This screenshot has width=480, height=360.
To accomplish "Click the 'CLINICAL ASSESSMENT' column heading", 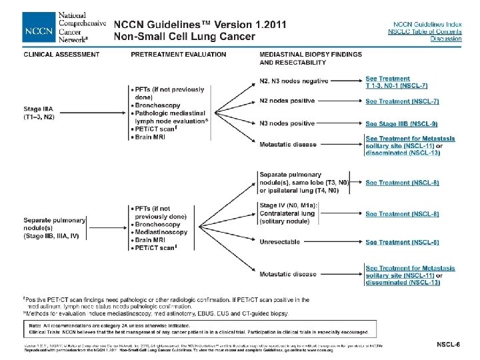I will pyautogui.click(x=62, y=55).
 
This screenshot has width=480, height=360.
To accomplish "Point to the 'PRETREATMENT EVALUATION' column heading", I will pyautogui.click(x=178, y=55).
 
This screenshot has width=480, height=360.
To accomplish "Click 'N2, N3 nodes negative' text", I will pyautogui.click(x=294, y=81).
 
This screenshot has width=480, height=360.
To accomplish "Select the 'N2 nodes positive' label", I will pyautogui.click(x=287, y=101).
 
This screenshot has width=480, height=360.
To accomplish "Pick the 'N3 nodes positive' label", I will pyautogui.click(x=287, y=123).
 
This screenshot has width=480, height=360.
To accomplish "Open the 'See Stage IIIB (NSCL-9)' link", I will pyautogui.click(x=401, y=123).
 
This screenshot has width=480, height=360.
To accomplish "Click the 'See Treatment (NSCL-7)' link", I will pyautogui.click(x=401, y=101).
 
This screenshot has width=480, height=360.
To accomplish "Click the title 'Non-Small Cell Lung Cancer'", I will pyautogui.click(x=184, y=37).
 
